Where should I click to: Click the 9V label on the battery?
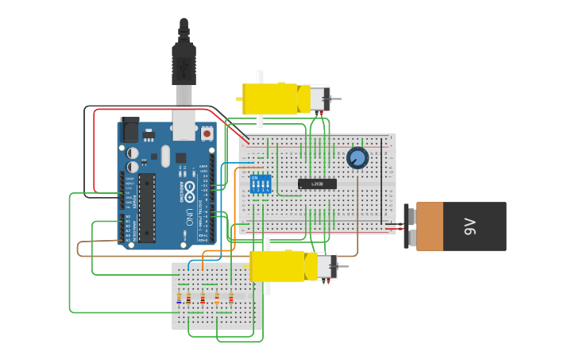coord(470,226)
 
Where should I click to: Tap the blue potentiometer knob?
coord(358,158)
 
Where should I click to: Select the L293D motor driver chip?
coord(317,184)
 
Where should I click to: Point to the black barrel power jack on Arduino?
coord(129,130)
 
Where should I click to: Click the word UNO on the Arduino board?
coord(187,216)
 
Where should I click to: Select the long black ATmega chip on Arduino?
coord(147,207)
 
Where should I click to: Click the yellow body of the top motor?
coord(270,99)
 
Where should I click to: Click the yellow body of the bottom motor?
coord(278,266)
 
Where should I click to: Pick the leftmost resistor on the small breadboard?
coord(179,299)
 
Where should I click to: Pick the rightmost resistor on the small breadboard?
coord(231,299)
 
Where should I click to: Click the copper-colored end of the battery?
coord(430,226)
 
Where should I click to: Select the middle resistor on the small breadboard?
coord(203,299)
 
